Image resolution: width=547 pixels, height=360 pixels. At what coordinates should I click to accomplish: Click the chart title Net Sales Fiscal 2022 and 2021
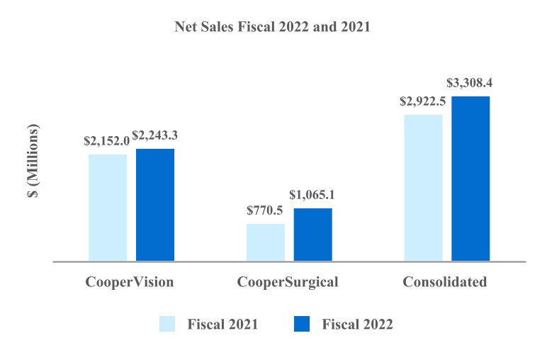[x=273, y=29]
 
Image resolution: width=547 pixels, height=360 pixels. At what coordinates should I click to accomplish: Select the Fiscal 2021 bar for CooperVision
[x=108, y=207]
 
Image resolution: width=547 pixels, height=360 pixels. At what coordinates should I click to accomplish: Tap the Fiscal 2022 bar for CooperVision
[x=155, y=204]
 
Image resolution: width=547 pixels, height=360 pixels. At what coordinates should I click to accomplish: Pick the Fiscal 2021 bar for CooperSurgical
[x=266, y=242]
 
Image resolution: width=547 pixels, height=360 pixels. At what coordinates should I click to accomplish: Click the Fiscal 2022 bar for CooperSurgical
[x=313, y=234]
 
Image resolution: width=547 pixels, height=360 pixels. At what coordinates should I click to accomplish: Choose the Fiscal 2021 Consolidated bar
[x=423, y=187]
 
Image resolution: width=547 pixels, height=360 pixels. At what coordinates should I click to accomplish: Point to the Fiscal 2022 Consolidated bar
[x=470, y=178]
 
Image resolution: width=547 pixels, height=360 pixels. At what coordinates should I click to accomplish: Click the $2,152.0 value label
[x=106, y=141]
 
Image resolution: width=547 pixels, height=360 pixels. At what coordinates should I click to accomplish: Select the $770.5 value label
[x=266, y=210]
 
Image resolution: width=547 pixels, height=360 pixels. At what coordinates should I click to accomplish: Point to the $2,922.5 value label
[x=423, y=101]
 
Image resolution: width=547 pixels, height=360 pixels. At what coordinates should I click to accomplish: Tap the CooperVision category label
[x=130, y=282]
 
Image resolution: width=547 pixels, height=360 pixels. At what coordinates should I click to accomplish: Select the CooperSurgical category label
[x=288, y=282]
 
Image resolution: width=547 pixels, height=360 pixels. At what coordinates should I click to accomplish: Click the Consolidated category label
[x=445, y=282]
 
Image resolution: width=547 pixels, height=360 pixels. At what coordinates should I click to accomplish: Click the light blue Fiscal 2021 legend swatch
[x=168, y=324]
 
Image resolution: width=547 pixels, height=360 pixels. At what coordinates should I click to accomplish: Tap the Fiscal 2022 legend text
[x=357, y=325]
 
